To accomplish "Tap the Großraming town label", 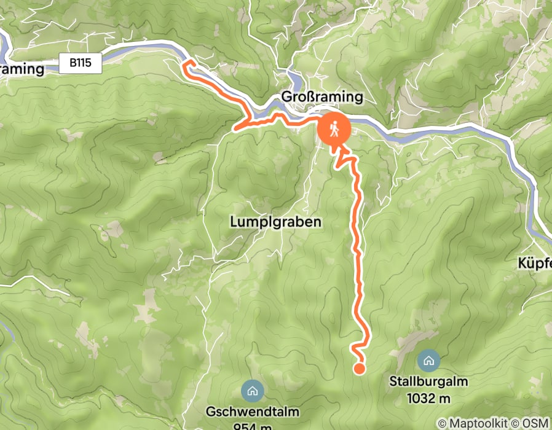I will pyautogui.click(x=321, y=98).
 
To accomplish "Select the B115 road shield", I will pyautogui.click(x=80, y=63).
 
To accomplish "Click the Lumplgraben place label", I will pyautogui.click(x=276, y=221).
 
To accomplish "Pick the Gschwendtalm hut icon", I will pyautogui.click(x=251, y=389).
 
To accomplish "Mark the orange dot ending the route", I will pyautogui.click(x=359, y=369).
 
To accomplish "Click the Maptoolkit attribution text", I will pyautogui.click(x=478, y=423).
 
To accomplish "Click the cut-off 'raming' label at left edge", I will pyautogui.click(x=22, y=69).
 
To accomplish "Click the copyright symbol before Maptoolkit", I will pyautogui.click(x=442, y=423).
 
